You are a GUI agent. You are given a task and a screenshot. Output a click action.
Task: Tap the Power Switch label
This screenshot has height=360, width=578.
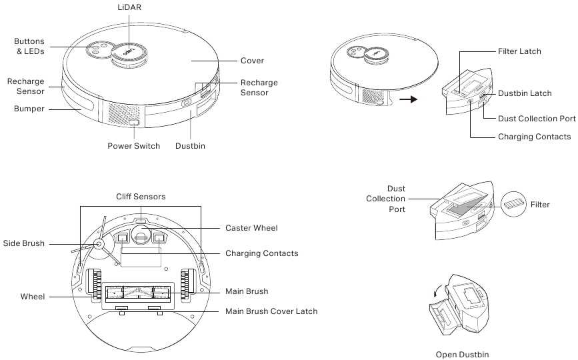[134, 146]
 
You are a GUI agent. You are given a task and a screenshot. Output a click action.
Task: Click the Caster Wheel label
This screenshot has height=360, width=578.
[251, 228]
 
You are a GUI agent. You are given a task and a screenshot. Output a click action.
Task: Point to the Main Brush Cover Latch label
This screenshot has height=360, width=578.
[271, 311]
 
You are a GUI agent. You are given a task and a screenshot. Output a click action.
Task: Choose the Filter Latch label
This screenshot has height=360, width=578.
[519, 51]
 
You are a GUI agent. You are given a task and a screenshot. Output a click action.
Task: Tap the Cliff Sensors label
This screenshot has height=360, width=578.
[140, 197]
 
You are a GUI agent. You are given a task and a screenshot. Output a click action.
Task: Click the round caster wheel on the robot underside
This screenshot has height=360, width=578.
[141, 233]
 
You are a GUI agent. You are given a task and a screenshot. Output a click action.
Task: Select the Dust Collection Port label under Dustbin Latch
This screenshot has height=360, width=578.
[537, 119]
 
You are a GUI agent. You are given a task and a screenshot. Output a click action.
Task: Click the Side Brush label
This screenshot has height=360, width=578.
[24, 244]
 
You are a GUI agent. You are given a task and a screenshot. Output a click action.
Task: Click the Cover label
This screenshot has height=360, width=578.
[252, 61]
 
